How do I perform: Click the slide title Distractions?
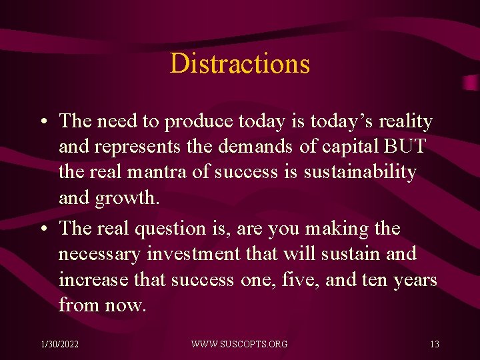240,64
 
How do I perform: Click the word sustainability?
360,172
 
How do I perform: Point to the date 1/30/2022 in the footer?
60,344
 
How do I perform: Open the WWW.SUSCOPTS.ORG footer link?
239,344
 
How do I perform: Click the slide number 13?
434,344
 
